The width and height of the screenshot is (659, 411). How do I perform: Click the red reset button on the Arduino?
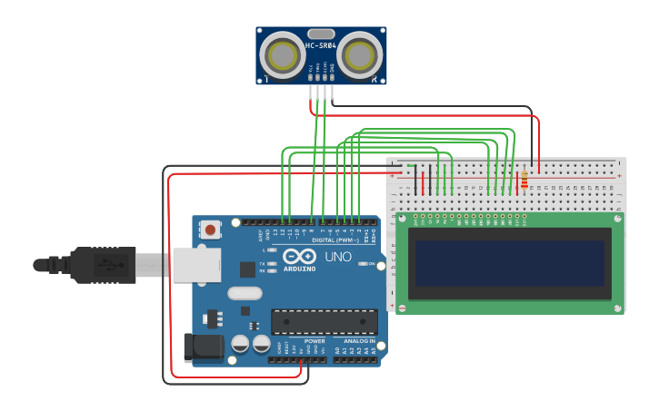pos(211,230)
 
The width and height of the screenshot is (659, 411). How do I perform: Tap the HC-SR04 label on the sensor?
pos(321,45)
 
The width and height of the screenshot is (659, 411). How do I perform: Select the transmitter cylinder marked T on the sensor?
pos(282,56)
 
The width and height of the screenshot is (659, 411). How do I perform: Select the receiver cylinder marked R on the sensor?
pos(360,56)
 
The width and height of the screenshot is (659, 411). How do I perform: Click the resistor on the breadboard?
pos(524,180)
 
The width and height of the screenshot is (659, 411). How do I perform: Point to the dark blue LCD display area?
pos(509,263)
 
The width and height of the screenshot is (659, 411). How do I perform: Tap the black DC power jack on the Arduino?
pos(203,347)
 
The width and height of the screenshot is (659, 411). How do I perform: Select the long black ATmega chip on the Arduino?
pos(325,321)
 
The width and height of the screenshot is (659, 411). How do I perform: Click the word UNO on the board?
pos(337,257)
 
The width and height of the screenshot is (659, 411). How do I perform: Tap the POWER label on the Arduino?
pos(315,341)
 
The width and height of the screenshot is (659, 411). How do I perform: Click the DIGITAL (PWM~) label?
pos(334,240)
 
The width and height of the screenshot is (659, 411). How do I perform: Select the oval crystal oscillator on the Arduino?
pos(245,293)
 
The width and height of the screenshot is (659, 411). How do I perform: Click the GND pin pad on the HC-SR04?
pos(332,79)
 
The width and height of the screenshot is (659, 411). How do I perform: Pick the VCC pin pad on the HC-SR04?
pos(311,79)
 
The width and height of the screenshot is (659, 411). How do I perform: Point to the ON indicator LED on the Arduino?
pos(361,264)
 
